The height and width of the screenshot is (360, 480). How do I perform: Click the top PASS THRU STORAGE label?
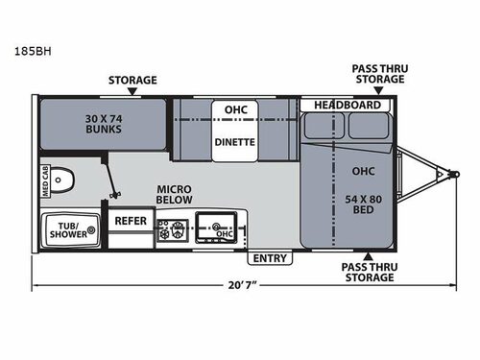click(375, 73)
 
